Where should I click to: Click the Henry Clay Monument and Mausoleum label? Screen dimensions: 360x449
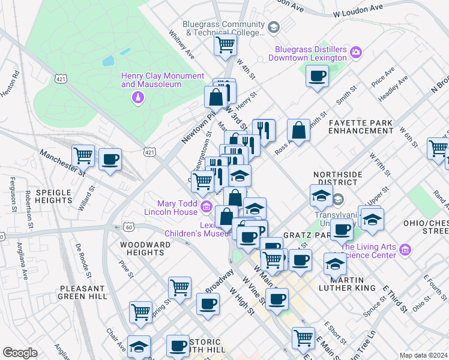pos(163,80)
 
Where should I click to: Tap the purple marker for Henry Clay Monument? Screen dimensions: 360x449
pos(139,97)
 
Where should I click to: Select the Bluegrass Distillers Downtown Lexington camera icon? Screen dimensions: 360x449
pos(356,53)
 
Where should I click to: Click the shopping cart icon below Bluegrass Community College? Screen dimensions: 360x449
pos(225,44)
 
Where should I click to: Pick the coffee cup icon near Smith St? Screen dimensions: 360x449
pos(316,76)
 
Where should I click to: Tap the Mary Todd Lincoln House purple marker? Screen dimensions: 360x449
pos(206,207)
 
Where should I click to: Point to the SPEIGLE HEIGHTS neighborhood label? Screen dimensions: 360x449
pos(54,197)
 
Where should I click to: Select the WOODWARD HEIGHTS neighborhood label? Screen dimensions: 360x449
pos(142,248)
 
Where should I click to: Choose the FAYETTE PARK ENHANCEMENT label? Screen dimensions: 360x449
pos(361,126)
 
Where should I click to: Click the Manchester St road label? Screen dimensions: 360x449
pos(62,163)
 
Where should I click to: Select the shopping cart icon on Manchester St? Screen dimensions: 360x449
pos(83,155)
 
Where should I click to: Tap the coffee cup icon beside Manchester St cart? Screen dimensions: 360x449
pos(110,159)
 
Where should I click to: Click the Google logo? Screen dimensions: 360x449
pos(20,353)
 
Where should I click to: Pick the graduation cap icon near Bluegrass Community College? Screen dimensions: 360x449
pos(274,27)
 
